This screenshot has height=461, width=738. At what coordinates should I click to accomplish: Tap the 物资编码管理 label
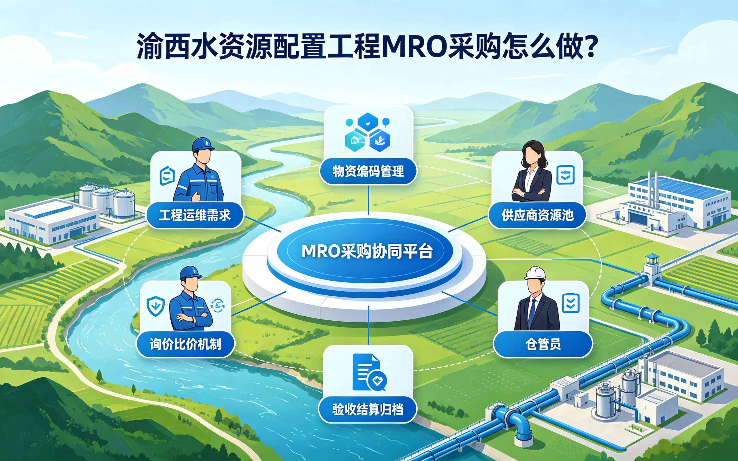point(368,171)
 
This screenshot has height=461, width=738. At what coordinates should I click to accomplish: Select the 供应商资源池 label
point(537,215)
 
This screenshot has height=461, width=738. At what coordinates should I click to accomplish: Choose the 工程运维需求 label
point(195,215)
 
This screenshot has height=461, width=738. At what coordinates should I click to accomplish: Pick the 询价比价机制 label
point(185,344)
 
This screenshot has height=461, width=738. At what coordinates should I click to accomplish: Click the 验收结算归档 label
point(368,409)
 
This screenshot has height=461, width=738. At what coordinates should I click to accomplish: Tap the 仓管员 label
point(543,344)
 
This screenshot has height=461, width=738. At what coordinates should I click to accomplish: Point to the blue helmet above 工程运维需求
point(203,145)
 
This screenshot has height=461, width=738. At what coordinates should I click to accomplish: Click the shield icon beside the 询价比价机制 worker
point(156,306)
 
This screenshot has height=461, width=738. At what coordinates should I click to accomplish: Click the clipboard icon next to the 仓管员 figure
point(571,303)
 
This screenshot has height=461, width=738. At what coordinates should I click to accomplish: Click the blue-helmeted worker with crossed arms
point(191,299)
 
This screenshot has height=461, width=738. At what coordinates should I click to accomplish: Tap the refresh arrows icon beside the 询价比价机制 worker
point(218,305)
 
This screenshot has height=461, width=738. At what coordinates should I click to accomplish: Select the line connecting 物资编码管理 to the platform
point(368,200)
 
